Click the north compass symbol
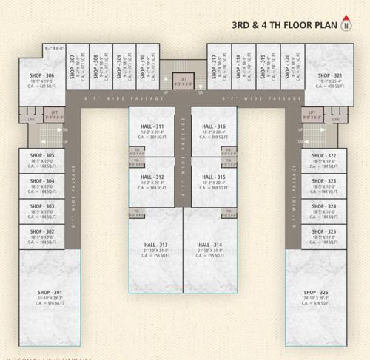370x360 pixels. [346, 24]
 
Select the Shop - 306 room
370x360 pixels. [41, 80]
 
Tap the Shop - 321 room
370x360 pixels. [329, 80]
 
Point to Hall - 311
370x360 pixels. [152, 131]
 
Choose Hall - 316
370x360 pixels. [214, 131]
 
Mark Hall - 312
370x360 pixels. [152, 182]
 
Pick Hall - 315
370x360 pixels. [214, 182]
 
